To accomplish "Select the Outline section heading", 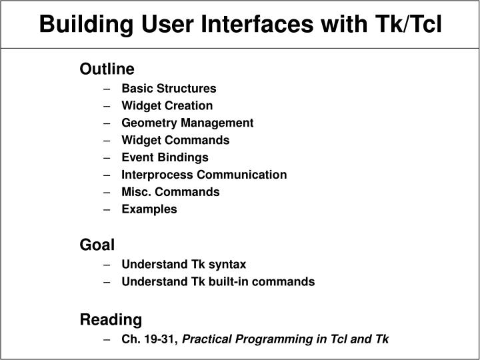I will click(x=107, y=69).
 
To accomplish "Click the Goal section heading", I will click(x=97, y=245).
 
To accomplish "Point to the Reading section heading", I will click(x=111, y=319).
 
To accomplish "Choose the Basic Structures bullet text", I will click(x=169, y=88).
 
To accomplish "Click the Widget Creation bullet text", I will click(x=167, y=105).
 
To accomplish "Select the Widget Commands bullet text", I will click(x=175, y=140).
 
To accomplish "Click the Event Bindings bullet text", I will click(x=165, y=157).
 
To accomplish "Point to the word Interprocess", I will click(x=152, y=175).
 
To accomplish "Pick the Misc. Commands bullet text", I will click(x=170, y=192).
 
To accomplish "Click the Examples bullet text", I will click(x=149, y=209).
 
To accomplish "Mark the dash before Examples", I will click(x=107, y=209).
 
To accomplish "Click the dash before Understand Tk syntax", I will click(x=107, y=265).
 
